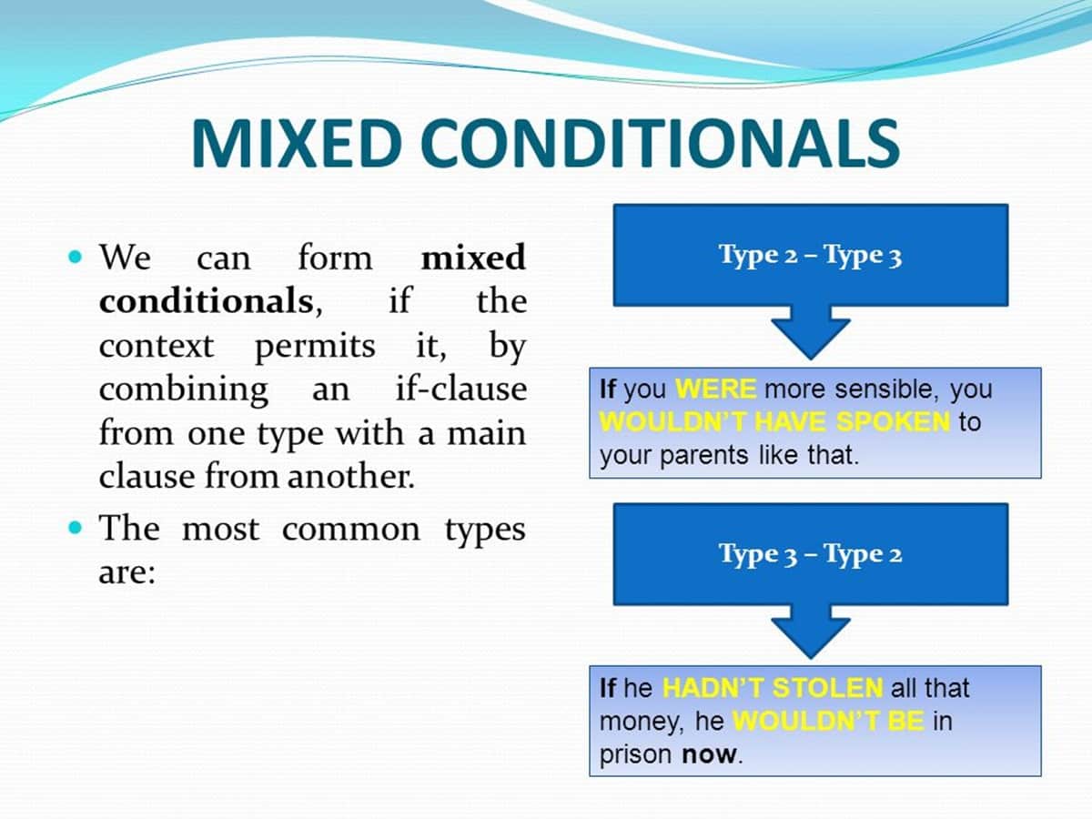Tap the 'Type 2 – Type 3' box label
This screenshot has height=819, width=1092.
coord(810,256)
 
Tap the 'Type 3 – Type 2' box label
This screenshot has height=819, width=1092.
coord(810,554)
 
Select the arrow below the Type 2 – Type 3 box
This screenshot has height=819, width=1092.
coord(810,332)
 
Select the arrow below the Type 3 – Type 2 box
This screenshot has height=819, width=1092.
coord(810,632)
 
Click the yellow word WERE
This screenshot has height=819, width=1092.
coord(716,390)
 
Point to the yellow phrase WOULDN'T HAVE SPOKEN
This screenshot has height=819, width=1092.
coord(774,423)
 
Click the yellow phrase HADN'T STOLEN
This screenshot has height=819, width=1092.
coord(772,688)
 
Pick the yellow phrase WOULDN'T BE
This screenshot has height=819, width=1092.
coord(827,722)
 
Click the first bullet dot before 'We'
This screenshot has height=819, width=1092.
coord(76,258)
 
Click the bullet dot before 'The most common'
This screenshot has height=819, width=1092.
coord(76,527)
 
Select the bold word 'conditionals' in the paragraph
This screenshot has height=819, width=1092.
coord(205,301)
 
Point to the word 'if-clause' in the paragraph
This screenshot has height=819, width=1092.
coord(460,389)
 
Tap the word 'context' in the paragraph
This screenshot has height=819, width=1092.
coord(156,346)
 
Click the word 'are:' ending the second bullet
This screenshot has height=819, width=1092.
coord(126,574)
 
